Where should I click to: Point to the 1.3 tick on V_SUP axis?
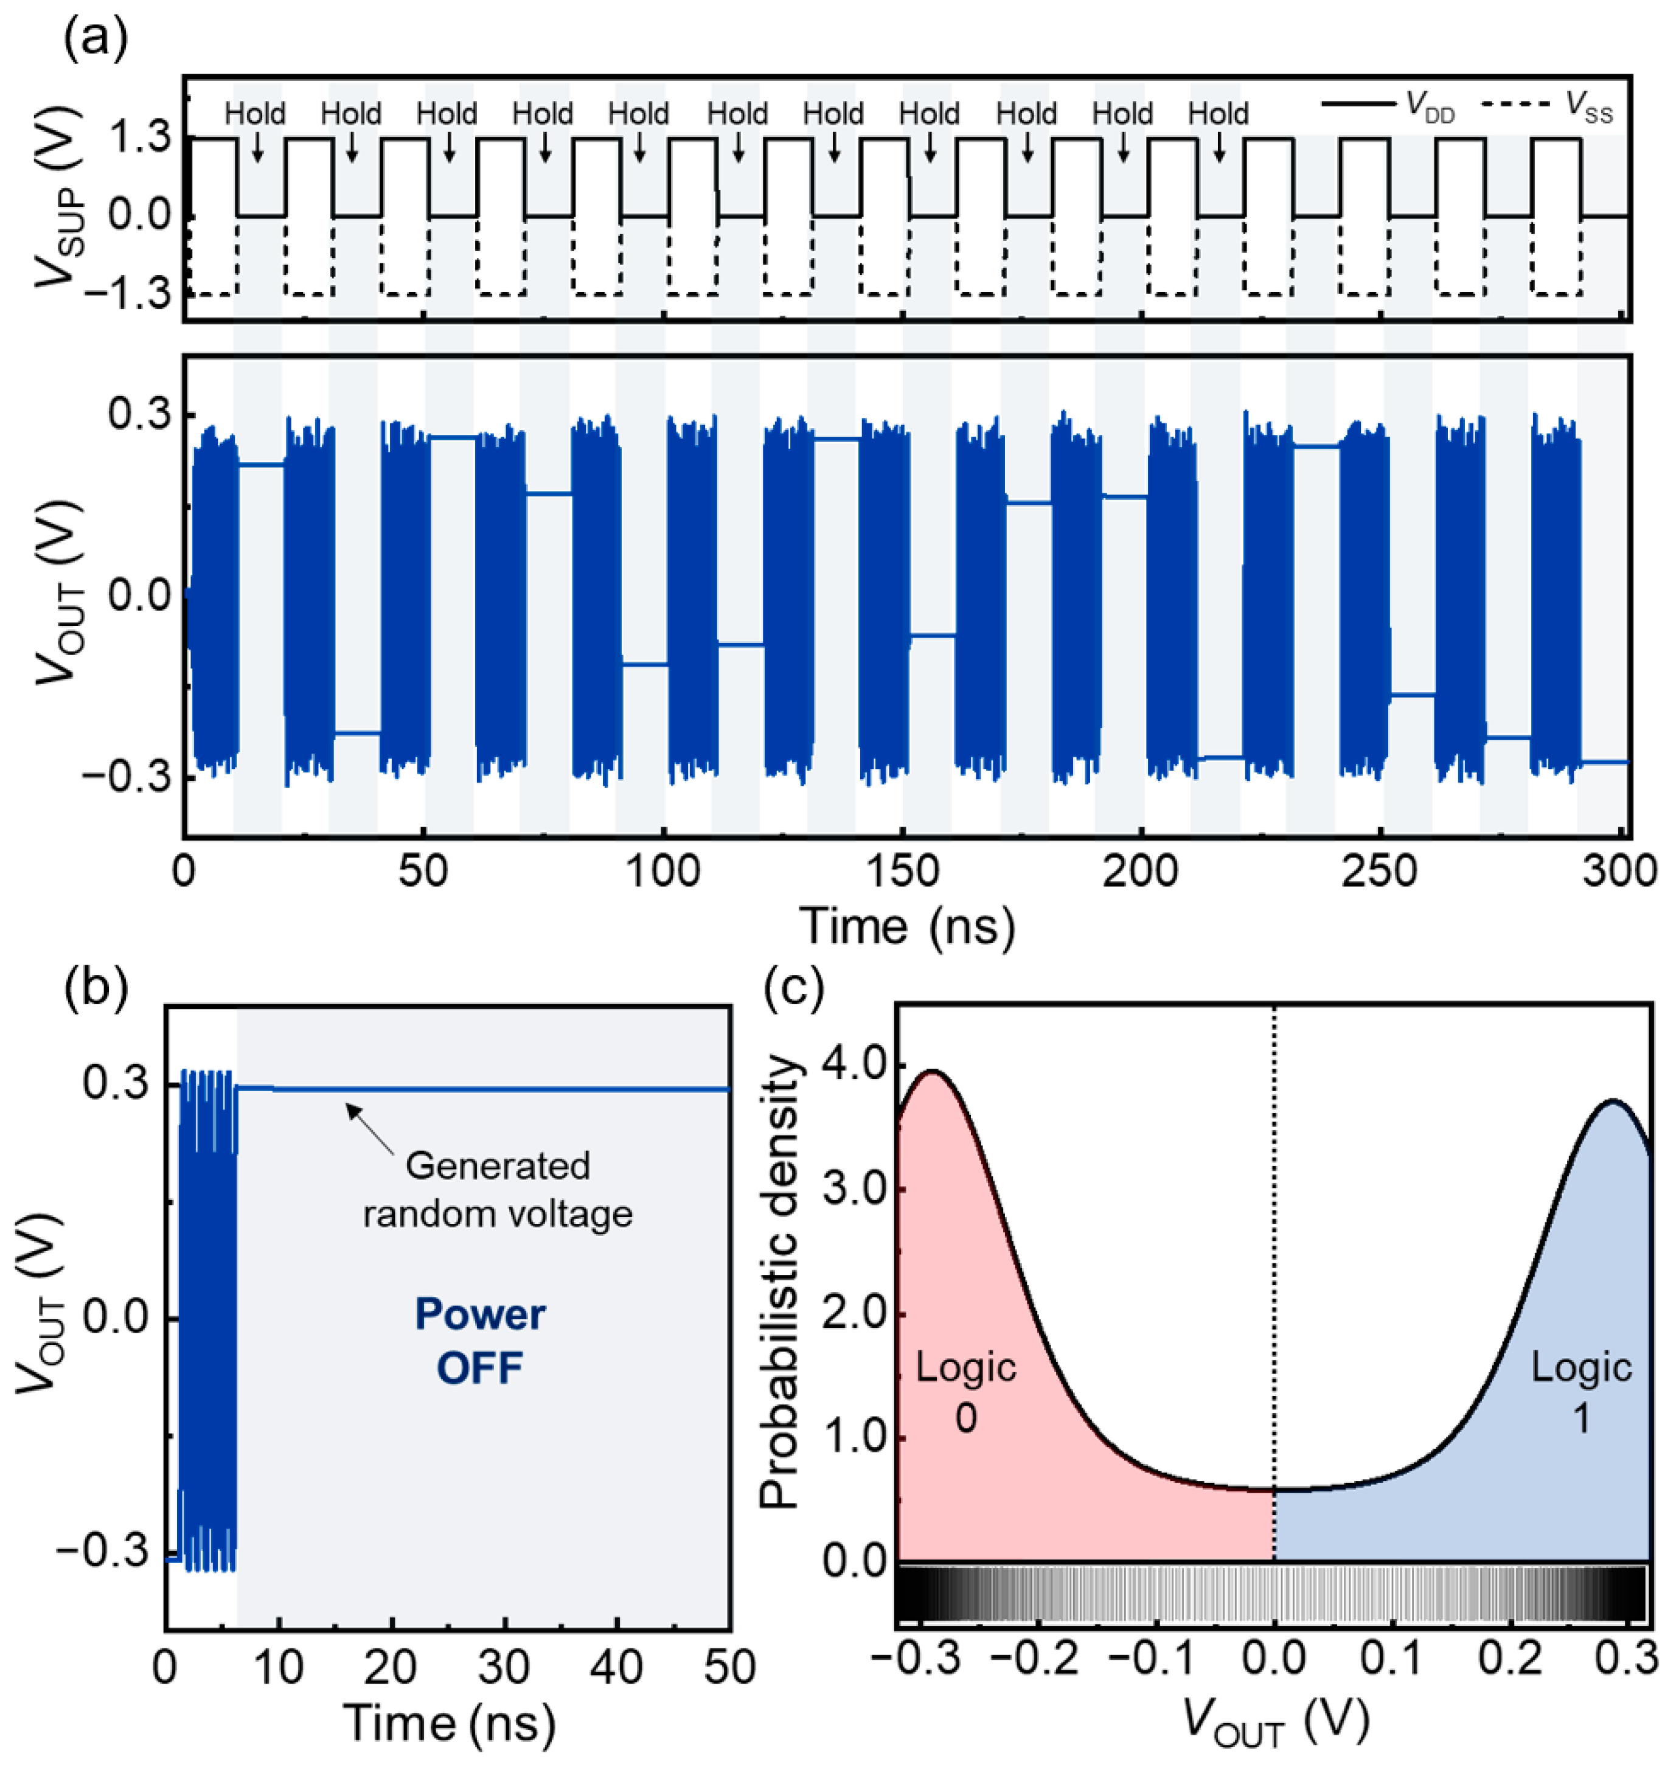click(138, 139)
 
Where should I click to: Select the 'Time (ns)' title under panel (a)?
click(906, 926)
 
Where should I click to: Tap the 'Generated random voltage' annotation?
click(498, 1190)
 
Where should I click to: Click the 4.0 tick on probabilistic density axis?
click(854, 1067)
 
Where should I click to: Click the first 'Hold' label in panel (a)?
click(255, 114)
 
